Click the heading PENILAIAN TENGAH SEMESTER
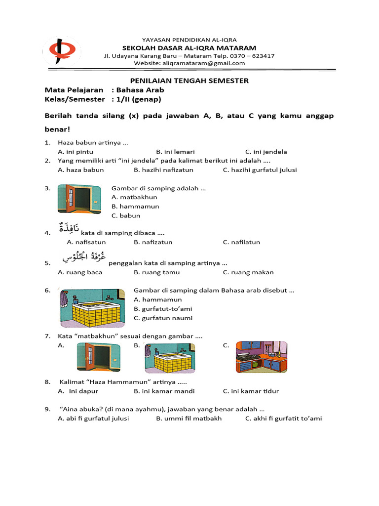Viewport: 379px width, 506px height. [189, 81]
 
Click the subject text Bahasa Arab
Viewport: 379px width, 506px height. [140, 90]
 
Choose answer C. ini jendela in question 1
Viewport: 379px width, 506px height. [266, 152]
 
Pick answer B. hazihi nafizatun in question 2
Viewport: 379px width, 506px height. [163, 169]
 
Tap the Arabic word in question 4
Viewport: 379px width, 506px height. [68, 229]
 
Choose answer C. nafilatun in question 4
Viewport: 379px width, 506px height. [241, 242]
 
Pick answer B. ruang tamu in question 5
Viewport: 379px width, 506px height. [156, 272]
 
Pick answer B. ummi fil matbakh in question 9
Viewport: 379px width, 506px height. [189, 419]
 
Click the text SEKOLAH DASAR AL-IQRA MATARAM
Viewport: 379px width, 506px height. [189, 48]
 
